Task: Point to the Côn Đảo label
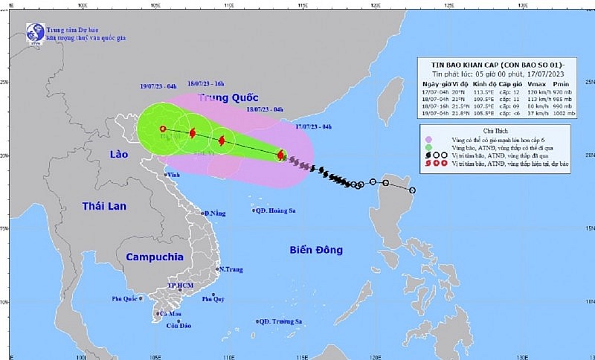click(179, 326)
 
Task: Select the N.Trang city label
click(229, 269)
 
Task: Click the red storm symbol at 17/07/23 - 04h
click(280, 155)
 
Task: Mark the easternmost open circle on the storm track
click(413, 190)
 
